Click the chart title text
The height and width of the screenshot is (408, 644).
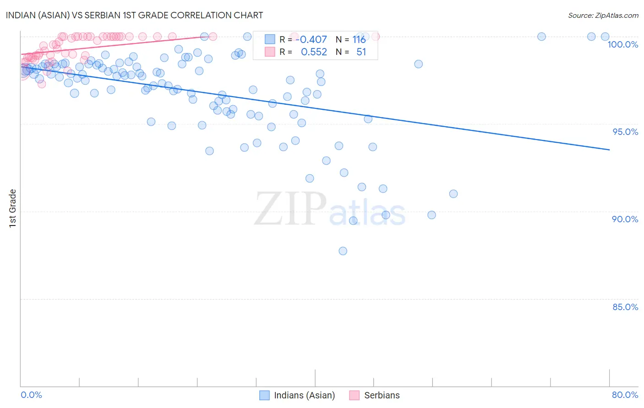point(134,15)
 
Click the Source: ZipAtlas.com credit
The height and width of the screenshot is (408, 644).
point(603,15)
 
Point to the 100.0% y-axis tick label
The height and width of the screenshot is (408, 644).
point(622,44)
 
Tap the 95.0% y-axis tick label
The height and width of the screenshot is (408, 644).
point(625,132)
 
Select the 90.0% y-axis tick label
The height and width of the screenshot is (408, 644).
point(625,219)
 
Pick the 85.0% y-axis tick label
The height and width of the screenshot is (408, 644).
point(625,307)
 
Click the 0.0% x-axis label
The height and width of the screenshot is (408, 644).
point(31,395)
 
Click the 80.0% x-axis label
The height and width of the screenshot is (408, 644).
point(625,395)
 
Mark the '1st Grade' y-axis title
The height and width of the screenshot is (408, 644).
point(13,208)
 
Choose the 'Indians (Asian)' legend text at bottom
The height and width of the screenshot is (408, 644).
point(304,395)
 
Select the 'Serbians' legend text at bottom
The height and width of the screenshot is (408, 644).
point(382,395)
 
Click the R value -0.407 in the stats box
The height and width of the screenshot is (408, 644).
point(313,40)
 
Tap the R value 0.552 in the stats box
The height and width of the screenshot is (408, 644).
point(314,52)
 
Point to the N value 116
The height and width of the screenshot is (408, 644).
point(359,40)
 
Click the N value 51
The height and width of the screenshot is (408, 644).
point(361,52)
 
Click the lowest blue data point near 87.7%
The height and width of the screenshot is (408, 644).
point(343,251)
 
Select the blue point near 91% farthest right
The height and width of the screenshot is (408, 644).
point(453,193)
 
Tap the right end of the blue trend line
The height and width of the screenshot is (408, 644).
point(609,150)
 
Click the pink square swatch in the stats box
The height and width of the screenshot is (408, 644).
point(270,52)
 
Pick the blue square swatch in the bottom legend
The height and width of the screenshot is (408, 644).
point(264,395)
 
